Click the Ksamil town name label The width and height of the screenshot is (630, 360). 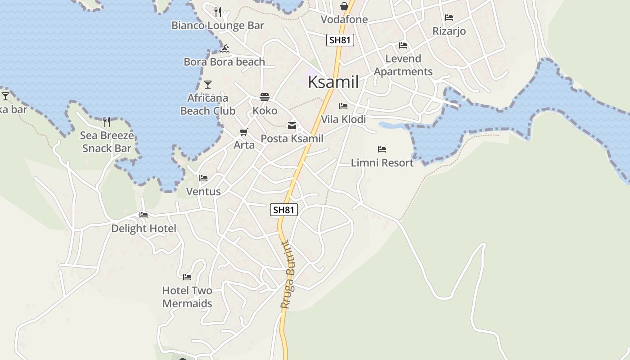point(333,82)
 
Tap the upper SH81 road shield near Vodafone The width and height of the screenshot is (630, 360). point(340,40)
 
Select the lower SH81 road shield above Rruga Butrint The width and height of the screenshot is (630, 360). point(284,210)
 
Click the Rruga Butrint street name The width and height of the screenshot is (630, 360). point(287,275)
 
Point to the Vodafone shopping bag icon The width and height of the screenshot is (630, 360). point(344,6)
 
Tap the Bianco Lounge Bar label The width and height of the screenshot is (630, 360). point(218,26)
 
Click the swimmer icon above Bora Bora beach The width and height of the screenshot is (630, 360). point(225,49)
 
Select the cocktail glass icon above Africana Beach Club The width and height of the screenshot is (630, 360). point(207,84)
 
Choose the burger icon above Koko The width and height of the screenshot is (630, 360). point(264,97)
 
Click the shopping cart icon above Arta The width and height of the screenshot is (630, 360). point(244,132)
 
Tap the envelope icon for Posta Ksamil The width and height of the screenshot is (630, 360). point(292,126)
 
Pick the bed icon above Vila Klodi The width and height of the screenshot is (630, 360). point(343,106)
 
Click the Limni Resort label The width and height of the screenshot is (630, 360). point(382,162)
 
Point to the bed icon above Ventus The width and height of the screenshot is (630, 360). point(203,178)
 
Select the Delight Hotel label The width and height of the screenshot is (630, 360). point(144,229)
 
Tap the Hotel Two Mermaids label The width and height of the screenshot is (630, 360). point(187,297)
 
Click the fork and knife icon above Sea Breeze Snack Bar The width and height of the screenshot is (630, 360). point(107,121)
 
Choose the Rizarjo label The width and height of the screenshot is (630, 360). point(449,31)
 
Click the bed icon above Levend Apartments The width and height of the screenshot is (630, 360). point(403,45)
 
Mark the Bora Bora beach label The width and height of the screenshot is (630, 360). point(224,62)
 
